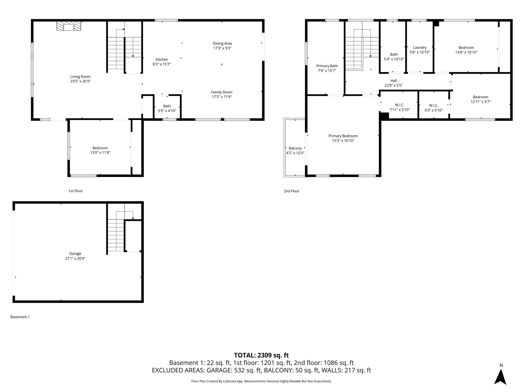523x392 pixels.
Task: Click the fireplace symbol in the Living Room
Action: coord(69,26)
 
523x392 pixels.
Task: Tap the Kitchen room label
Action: coord(162,59)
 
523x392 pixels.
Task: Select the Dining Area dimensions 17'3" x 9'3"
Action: coord(222,48)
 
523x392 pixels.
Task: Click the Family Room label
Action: coord(222,92)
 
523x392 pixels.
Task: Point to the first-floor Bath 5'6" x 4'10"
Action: coord(167,108)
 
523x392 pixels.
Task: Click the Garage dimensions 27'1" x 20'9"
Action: coord(75,258)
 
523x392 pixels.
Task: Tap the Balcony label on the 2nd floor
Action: coord(295,148)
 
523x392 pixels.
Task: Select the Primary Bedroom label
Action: coord(343,136)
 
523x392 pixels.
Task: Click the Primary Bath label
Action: coord(327,66)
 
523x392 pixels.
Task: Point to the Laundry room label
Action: coord(420,47)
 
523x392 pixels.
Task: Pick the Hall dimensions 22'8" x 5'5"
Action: coord(394,85)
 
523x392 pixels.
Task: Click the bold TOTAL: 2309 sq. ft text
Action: coord(261,355)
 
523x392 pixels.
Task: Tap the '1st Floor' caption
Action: coord(75,191)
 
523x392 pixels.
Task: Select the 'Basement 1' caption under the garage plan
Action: coord(20,317)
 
